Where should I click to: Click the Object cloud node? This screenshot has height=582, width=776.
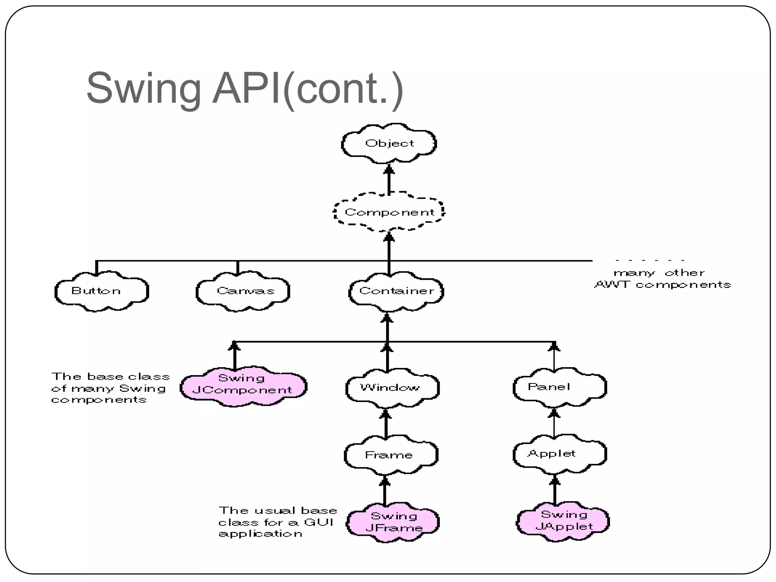[x=389, y=144]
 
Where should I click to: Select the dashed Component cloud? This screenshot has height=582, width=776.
[x=389, y=212]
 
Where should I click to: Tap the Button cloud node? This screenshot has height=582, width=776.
[x=101, y=291]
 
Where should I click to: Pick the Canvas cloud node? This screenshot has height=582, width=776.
[x=243, y=291]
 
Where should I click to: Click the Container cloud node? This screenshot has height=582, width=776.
[x=396, y=291]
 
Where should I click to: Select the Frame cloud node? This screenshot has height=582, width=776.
[x=391, y=455]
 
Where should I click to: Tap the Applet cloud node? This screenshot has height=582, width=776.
[x=559, y=454]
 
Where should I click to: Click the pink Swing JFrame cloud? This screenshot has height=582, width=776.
[x=393, y=522]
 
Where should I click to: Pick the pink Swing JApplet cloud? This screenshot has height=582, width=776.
[x=563, y=521]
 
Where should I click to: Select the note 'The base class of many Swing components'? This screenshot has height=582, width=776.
[x=110, y=388]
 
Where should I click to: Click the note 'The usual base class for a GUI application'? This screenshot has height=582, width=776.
[x=277, y=522]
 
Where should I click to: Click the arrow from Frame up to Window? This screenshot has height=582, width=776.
[x=386, y=424]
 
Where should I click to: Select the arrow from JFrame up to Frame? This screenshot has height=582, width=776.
[x=385, y=491]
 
